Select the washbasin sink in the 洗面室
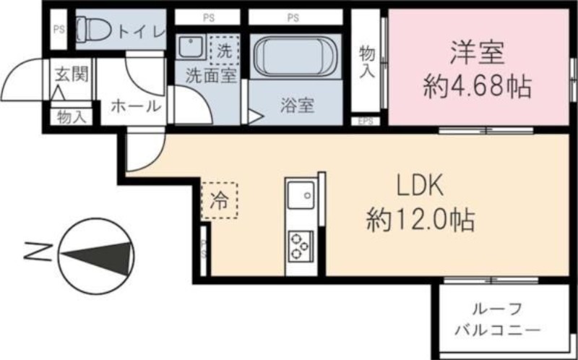click(x=191, y=48)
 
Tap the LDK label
click(x=418, y=187)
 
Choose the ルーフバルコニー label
click(x=498, y=320)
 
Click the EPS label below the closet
click(x=366, y=121)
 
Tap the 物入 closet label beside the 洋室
click(x=367, y=61)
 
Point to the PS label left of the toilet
click(x=58, y=30)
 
